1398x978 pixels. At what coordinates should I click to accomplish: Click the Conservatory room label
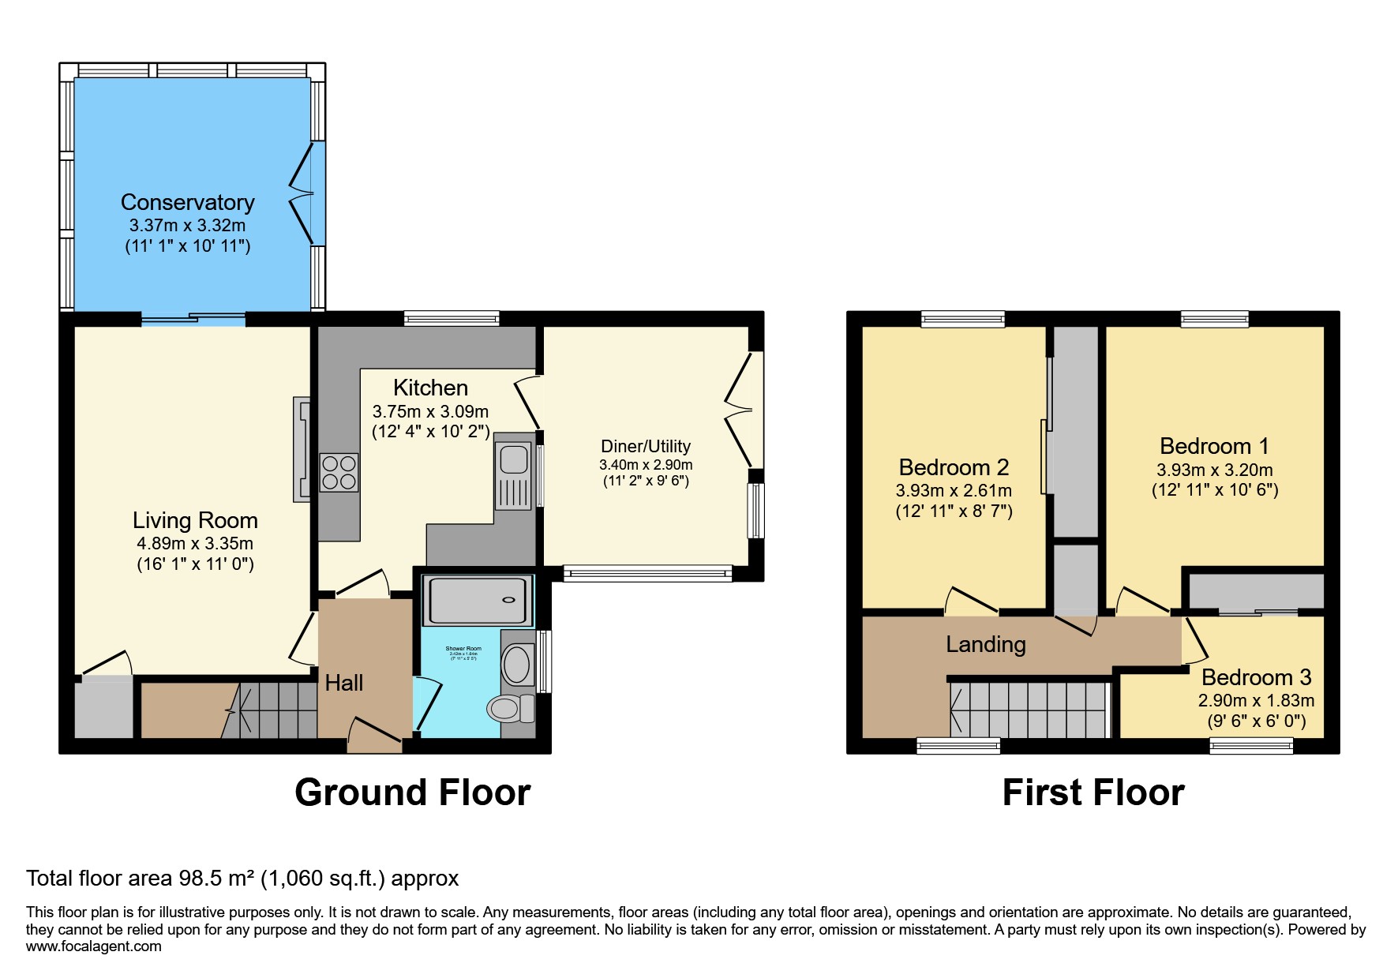click(x=187, y=203)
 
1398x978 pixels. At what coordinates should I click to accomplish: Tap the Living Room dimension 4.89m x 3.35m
click(x=195, y=543)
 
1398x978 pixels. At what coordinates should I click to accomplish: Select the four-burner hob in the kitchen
click(x=339, y=472)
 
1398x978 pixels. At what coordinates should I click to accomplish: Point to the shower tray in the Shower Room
click(x=476, y=600)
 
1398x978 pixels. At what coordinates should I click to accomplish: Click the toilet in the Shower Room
click(x=509, y=708)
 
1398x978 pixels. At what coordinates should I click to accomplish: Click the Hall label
click(x=344, y=683)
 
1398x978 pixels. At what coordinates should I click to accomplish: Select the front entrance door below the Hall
click(x=375, y=735)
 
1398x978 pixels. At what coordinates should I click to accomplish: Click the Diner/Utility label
click(x=646, y=446)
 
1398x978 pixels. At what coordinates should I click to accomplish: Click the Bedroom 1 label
click(x=1214, y=446)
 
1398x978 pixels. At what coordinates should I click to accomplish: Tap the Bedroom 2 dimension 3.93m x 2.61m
click(x=954, y=490)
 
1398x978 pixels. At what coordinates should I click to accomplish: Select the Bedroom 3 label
click(x=1256, y=677)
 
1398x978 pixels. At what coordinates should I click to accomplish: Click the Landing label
click(x=986, y=644)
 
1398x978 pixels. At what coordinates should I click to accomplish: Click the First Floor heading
click(x=1093, y=793)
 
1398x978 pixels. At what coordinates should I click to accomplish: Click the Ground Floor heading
click(x=412, y=793)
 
